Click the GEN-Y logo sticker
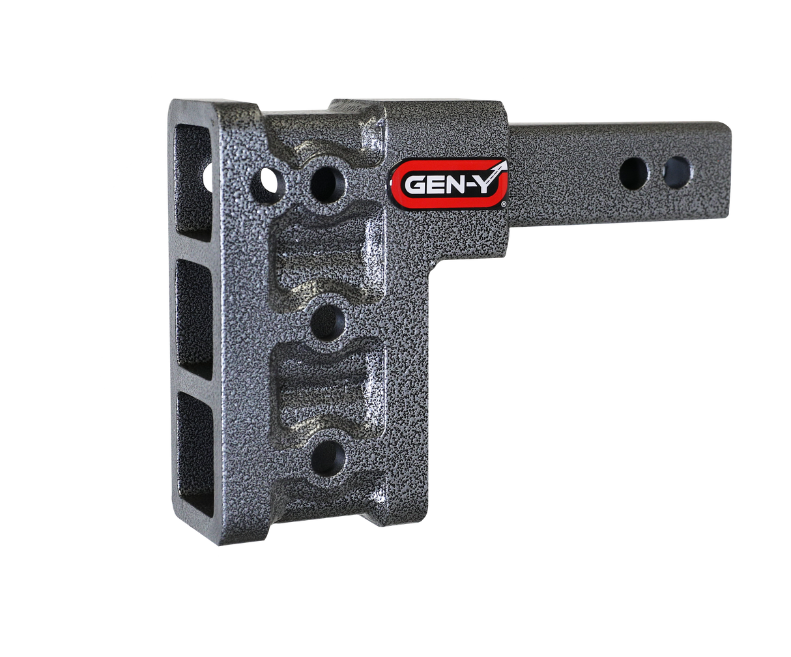pos(450,182)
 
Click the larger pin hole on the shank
pos(633,174)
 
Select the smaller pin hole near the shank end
pos(677,172)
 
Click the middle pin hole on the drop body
pos(327,323)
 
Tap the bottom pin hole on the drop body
pos(327,458)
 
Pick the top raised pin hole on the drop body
pos(327,182)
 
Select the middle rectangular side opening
pos(194,319)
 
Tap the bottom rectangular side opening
pos(194,450)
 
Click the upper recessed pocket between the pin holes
pos(326,254)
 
